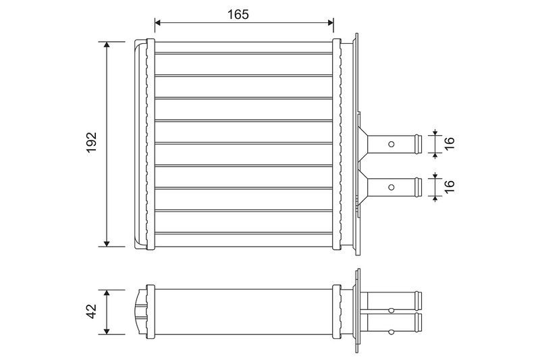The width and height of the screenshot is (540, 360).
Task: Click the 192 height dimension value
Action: pyautogui.click(x=92, y=143)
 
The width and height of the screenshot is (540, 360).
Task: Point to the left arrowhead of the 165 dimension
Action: pyautogui.click(x=158, y=24)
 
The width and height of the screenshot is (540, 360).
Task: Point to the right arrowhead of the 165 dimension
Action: pyautogui.click(x=331, y=24)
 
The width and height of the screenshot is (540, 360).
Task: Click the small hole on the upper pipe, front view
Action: pyautogui.click(x=391, y=143)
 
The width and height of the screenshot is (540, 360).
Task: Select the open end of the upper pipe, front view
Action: pyautogui.click(x=419, y=143)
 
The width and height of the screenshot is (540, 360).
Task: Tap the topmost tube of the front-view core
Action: pyautogui.click(x=244, y=53)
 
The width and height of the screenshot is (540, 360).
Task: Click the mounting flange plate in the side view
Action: pyautogui.click(x=357, y=311)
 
